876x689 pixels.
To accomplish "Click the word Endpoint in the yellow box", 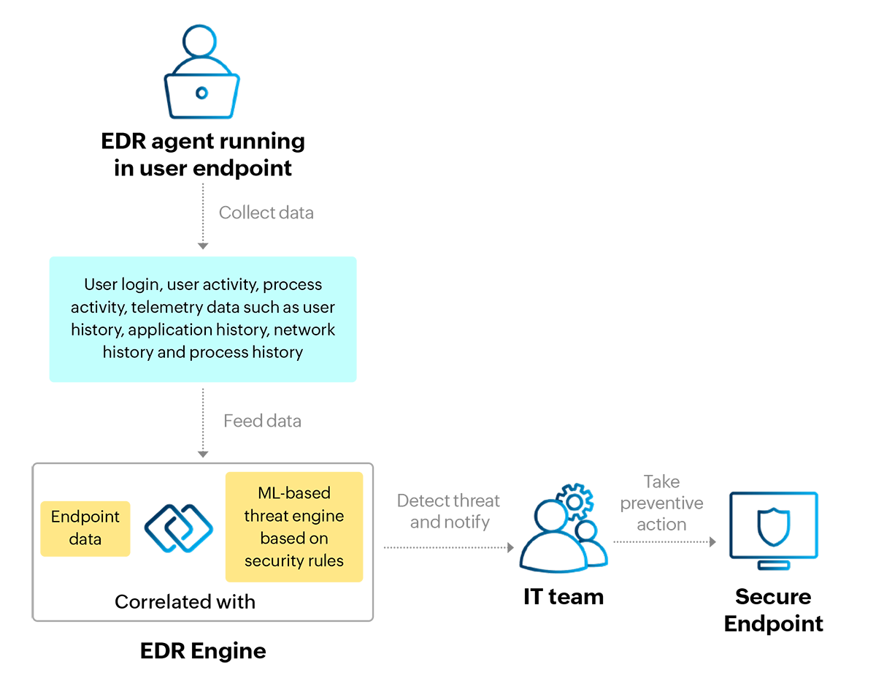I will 85,517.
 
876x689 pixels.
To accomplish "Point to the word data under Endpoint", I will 85,539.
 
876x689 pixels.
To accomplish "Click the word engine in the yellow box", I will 318,517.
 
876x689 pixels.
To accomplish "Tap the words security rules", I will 294,561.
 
